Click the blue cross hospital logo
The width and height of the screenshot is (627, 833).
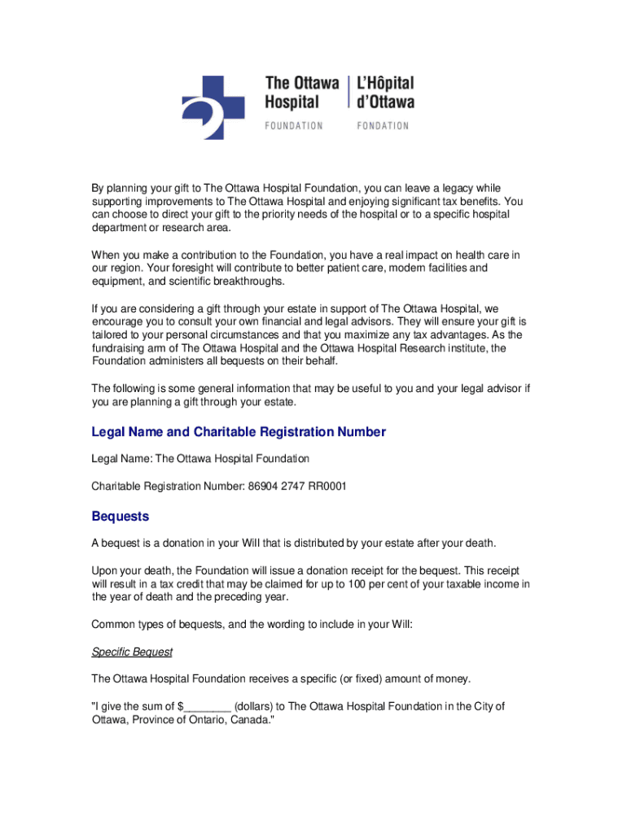[213, 106]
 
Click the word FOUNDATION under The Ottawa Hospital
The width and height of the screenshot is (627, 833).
[294, 126]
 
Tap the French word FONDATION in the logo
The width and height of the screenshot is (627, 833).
[382, 126]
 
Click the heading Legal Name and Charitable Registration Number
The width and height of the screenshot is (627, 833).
[239, 432]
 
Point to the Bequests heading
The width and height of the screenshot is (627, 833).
[120, 517]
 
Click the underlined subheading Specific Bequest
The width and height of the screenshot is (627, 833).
[132, 652]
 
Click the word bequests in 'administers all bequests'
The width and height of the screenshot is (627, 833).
[247, 361]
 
